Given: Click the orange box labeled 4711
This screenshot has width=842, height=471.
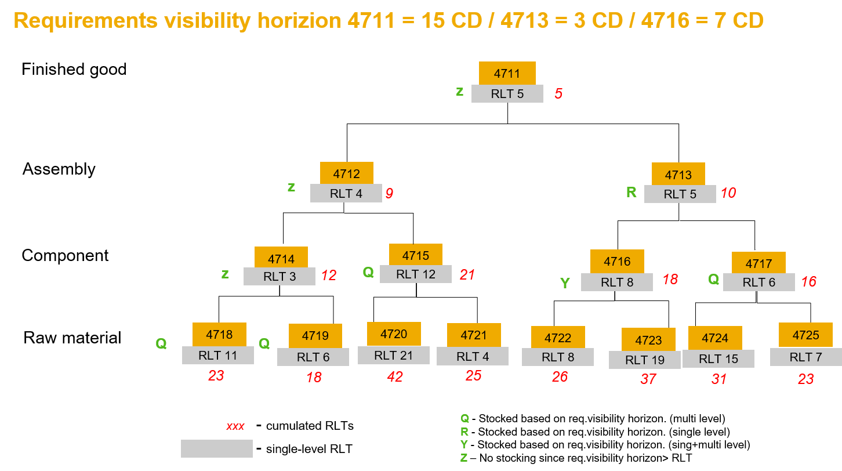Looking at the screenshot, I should pos(507,73).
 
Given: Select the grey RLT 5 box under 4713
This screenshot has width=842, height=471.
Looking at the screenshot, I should pos(680,194).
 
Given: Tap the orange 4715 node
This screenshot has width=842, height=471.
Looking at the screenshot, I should pos(415,255).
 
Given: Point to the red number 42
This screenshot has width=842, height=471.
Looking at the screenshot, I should pos(395,377).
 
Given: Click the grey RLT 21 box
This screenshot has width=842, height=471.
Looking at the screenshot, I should pos(393,356).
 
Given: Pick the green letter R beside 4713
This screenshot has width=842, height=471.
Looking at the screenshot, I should pos(631,193).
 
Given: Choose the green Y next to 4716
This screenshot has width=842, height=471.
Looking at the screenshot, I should pos(565,284).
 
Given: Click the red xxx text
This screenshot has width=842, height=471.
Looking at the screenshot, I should pos(235,426).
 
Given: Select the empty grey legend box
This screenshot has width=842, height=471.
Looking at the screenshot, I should pos(216,448).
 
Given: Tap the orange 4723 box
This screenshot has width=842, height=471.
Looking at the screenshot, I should pos(648,340).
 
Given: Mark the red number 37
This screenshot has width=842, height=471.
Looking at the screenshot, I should pos(648,379).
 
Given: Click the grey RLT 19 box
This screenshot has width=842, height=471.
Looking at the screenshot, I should pos(644,360).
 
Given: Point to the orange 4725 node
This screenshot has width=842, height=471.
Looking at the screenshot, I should pos(805,335).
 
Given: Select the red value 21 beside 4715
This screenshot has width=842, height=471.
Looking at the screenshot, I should pos(467,275).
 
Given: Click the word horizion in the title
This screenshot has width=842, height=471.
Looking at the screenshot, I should pos(300,21).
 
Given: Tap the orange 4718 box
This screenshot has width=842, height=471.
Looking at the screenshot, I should pos(219,334).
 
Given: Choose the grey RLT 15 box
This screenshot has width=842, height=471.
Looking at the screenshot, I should pos(718,359).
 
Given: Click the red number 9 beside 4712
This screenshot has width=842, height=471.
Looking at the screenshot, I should pos(389,194).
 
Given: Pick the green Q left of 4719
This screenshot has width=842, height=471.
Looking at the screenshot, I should pos(264,344).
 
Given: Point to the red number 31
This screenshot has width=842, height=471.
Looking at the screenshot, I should pos(719,379).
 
